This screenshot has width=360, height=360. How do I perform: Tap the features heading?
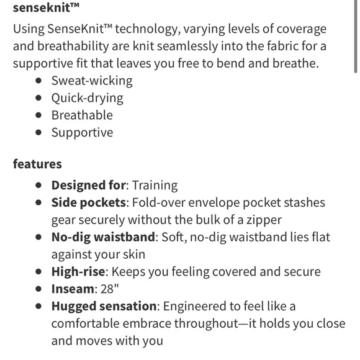(37, 164)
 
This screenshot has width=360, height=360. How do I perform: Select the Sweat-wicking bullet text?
(92, 81)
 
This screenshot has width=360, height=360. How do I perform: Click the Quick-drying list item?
(87, 98)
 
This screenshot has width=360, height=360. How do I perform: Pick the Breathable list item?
(82, 115)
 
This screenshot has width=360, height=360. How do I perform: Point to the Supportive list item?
(82, 133)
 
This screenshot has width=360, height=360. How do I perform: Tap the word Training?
(155, 185)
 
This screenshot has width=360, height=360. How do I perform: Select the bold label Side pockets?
(91, 202)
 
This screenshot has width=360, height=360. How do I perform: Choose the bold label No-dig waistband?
(102, 237)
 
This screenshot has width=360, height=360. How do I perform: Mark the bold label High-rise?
(78, 272)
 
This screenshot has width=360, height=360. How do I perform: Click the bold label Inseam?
(72, 289)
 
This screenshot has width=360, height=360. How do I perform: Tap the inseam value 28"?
(107, 289)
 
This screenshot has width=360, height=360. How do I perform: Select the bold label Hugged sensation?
(103, 307)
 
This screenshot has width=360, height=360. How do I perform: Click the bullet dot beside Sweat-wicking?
(39, 81)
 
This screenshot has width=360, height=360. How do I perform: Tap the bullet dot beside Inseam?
(39, 289)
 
